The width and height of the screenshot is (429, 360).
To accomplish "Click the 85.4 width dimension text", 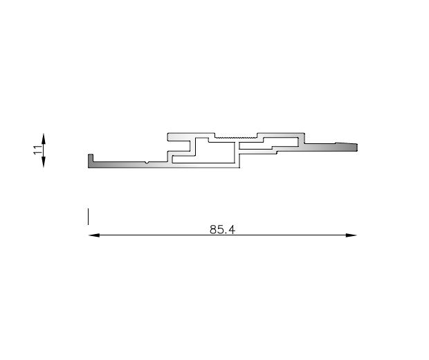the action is [222, 229].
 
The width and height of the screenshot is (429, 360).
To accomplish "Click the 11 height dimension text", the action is [38, 150].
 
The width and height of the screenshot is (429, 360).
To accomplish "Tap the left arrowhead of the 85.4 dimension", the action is [94, 235].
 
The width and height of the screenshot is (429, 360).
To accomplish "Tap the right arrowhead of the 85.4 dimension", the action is [351, 235].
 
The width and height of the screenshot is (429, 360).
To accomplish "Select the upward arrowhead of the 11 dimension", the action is [43, 138].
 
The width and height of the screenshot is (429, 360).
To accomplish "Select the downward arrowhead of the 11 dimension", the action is [43, 162].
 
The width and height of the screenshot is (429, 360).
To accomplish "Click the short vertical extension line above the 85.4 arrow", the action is [88, 217].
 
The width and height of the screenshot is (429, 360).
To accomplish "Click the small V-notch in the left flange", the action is [147, 163].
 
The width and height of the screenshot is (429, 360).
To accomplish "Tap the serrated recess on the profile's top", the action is [236, 136].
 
